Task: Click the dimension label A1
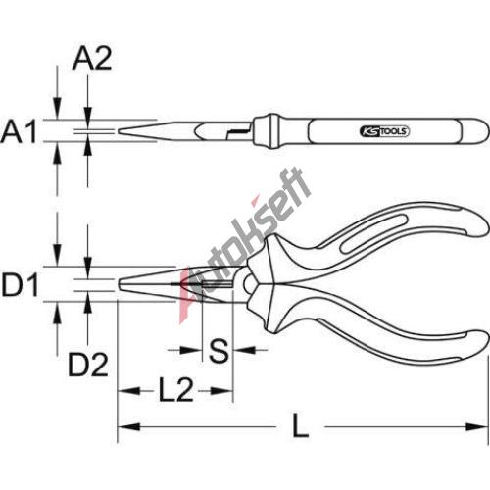point(19,131)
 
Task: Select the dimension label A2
point(92,59)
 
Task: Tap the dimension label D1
point(21,285)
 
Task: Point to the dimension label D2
point(88,365)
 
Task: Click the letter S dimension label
point(219,351)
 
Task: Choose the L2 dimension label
point(175,389)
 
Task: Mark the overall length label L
point(300,425)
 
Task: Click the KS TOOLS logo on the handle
point(384,131)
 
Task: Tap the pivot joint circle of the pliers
point(249,283)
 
